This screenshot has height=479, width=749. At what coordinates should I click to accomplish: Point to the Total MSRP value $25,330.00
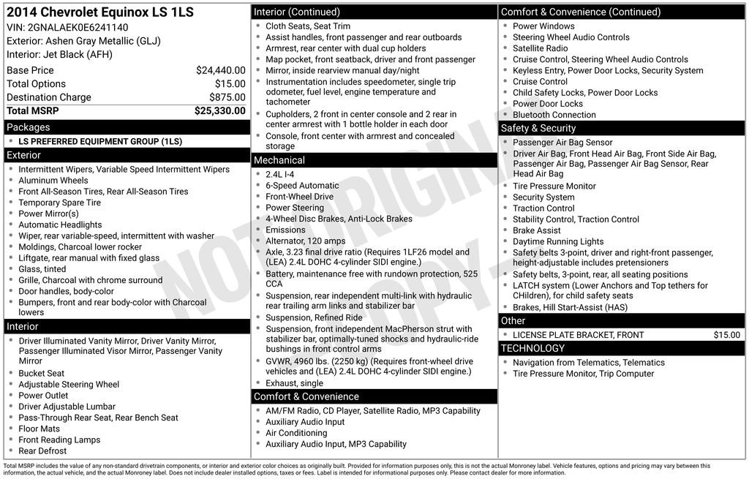[x=219, y=111]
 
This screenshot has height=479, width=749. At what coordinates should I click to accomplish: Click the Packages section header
[x=29, y=127]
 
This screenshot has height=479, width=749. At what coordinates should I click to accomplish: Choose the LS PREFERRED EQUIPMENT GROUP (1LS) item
[x=100, y=142]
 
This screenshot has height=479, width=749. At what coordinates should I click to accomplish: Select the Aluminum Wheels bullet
[x=53, y=181]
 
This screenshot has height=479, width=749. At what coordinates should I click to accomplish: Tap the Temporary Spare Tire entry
[x=60, y=203]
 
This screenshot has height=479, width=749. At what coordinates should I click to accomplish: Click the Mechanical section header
[x=279, y=160]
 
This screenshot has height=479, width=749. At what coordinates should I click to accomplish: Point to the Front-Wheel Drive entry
[x=299, y=197]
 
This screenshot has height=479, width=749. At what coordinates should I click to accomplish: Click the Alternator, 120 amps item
[x=305, y=241]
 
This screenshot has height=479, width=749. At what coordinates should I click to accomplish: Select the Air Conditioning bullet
[x=296, y=433]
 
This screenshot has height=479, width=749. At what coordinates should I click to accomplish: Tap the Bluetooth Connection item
[x=554, y=115]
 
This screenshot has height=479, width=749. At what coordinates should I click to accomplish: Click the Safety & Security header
[x=538, y=128]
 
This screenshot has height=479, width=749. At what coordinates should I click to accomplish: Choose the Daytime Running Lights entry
[x=558, y=241]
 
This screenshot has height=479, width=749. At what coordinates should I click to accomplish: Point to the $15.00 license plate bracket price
[x=727, y=335]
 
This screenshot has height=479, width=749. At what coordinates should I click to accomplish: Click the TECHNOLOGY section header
[x=532, y=348]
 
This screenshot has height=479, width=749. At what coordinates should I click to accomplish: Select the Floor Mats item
[x=39, y=429]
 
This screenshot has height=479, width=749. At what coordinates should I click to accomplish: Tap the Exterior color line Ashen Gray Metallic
[x=83, y=41]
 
